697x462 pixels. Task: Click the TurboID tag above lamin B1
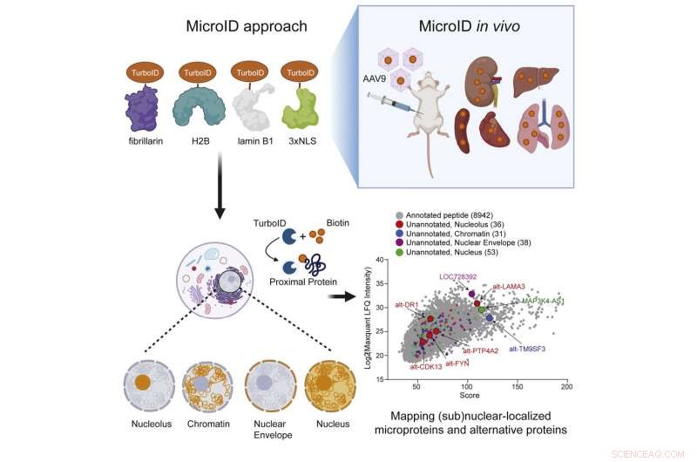[x=250, y=71]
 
